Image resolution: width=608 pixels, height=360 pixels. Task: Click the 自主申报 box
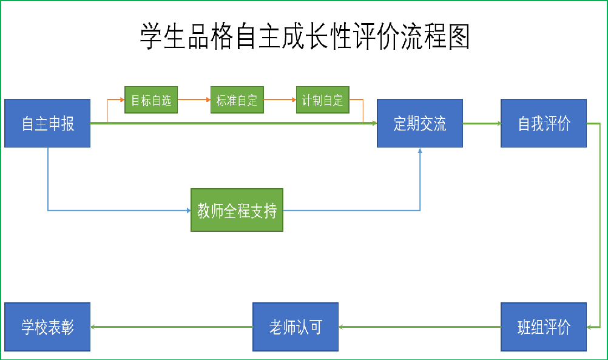(x=47, y=123)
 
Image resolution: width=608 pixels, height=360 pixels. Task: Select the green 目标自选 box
(x=151, y=100)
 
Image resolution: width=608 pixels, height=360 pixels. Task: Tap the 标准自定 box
(x=237, y=100)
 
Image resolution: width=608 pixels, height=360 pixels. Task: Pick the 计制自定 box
(x=323, y=100)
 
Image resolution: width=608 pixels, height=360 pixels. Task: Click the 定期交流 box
(x=420, y=123)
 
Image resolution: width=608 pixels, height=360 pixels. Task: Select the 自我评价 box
(x=544, y=123)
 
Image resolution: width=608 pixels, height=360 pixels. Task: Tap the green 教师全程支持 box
(x=237, y=210)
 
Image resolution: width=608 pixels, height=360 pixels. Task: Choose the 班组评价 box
(x=544, y=327)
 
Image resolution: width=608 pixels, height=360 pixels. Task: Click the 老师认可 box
(x=296, y=327)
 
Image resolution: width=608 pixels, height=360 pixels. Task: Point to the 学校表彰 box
(x=47, y=327)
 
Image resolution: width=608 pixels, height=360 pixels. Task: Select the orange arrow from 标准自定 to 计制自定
(x=280, y=98)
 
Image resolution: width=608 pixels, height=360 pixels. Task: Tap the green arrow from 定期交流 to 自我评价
(x=482, y=124)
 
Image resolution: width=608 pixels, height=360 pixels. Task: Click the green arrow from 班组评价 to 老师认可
(x=419, y=327)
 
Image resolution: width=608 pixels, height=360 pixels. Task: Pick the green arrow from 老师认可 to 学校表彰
(x=171, y=327)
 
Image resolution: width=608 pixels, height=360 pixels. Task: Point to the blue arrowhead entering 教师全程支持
(x=187, y=211)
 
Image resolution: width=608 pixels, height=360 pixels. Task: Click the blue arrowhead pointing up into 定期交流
(x=420, y=151)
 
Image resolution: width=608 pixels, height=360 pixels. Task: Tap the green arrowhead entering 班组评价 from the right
(x=590, y=327)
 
